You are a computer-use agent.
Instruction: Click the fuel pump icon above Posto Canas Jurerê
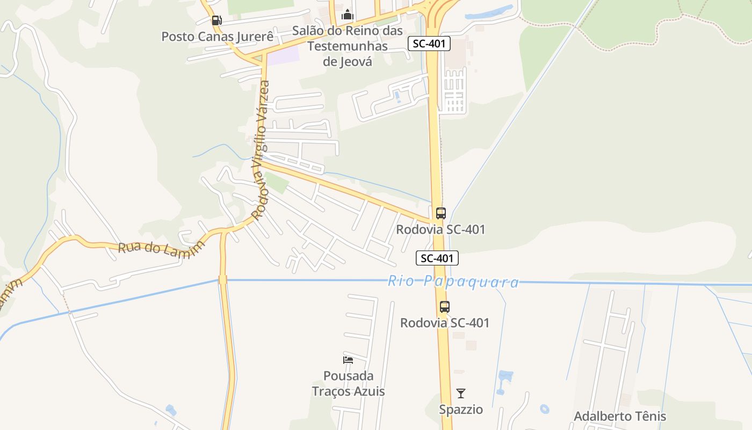point(216,21)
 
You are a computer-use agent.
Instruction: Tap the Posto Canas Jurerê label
point(218,37)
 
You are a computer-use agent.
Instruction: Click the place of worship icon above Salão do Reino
point(348,15)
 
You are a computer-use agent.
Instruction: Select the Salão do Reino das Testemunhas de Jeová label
point(348,46)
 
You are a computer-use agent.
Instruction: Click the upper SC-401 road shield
point(429,44)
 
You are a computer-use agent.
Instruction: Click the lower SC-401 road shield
point(437,259)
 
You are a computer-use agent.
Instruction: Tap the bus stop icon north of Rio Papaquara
point(440,213)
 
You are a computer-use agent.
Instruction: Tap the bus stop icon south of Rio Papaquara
point(444,307)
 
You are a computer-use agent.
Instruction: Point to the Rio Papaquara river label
point(453,282)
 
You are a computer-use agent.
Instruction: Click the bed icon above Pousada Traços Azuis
point(348,360)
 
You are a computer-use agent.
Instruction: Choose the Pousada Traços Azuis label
point(348,383)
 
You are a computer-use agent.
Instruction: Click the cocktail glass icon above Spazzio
point(461,393)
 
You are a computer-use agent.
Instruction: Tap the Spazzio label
point(461,410)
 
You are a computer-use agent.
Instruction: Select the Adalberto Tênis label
point(620,417)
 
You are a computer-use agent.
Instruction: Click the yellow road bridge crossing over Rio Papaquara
point(223,279)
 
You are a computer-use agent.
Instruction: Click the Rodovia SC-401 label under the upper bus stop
point(440,230)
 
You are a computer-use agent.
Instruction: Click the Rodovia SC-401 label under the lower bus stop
point(445,323)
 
